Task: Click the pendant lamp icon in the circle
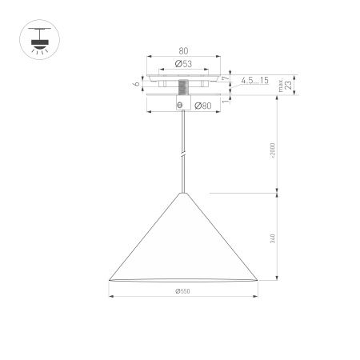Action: pos(35,37)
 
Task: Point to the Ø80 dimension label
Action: pos(203,105)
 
